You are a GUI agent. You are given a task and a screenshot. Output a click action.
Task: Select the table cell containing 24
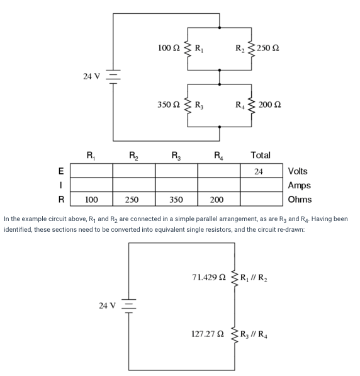coord(261,171)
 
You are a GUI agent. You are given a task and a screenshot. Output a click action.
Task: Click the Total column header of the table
coord(261,154)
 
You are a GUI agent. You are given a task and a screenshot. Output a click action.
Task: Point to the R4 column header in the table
coord(218,154)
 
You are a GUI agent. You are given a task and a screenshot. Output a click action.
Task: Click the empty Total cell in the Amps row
coord(261,185)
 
